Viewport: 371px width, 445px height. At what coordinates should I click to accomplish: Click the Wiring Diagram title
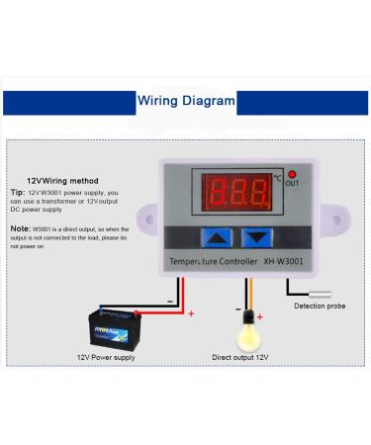[186, 100]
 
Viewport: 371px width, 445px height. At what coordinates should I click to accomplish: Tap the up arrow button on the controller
[217, 237]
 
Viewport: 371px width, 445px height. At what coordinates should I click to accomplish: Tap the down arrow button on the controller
[256, 237]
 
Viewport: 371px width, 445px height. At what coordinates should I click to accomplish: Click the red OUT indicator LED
[292, 174]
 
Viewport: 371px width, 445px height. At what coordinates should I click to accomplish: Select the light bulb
[248, 320]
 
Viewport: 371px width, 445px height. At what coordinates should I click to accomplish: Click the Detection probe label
[320, 306]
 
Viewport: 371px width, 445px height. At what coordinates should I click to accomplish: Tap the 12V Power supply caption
[106, 356]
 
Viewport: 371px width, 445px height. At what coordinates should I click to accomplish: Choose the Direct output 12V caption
[240, 356]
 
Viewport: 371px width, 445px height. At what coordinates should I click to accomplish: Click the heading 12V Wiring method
[62, 180]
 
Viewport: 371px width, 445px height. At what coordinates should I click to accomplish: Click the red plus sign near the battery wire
[191, 313]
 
